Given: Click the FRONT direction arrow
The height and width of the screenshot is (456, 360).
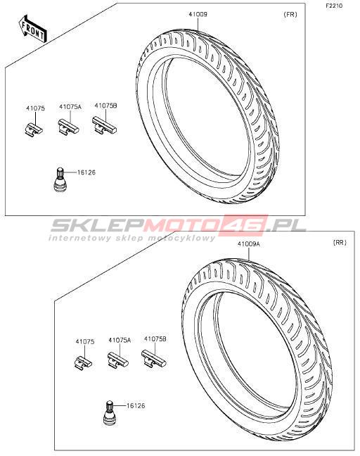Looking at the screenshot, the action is [32, 29].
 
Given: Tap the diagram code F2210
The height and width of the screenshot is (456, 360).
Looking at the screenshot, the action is [334, 6].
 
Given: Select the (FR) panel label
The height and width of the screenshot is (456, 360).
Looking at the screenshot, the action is [290, 14].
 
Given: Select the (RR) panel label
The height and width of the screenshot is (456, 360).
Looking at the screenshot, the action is [340, 243].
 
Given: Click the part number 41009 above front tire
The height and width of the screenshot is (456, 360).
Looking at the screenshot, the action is [198, 14].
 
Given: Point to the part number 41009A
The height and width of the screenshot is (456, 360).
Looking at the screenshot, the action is [249, 244].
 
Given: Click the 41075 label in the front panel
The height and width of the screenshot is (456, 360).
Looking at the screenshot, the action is [35, 108].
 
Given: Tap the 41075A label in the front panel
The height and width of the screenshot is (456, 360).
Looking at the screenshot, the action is [70, 107].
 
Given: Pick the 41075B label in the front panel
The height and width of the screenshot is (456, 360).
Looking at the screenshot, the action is [105, 106].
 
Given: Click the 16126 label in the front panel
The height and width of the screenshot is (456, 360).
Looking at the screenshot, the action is [86, 172].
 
